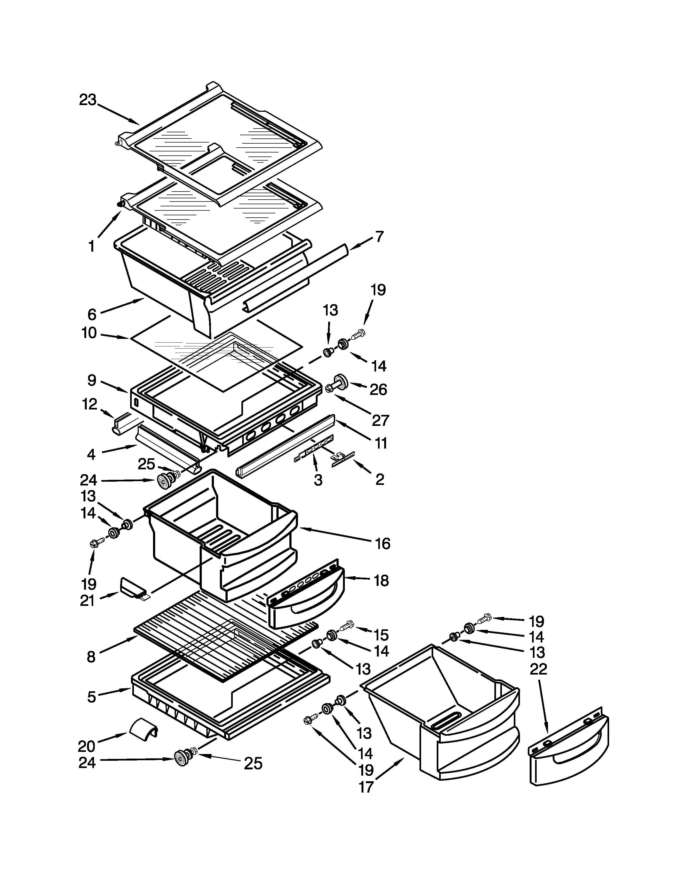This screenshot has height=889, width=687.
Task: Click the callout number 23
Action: click(88, 100)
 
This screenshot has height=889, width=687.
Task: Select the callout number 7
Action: click(379, 237)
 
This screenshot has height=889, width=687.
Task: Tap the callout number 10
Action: click(89, 333)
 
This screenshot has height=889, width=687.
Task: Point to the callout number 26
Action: click(378, 390)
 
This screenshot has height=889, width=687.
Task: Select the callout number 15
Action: click(381, 635)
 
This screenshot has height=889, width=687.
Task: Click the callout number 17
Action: click(366, 787)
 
